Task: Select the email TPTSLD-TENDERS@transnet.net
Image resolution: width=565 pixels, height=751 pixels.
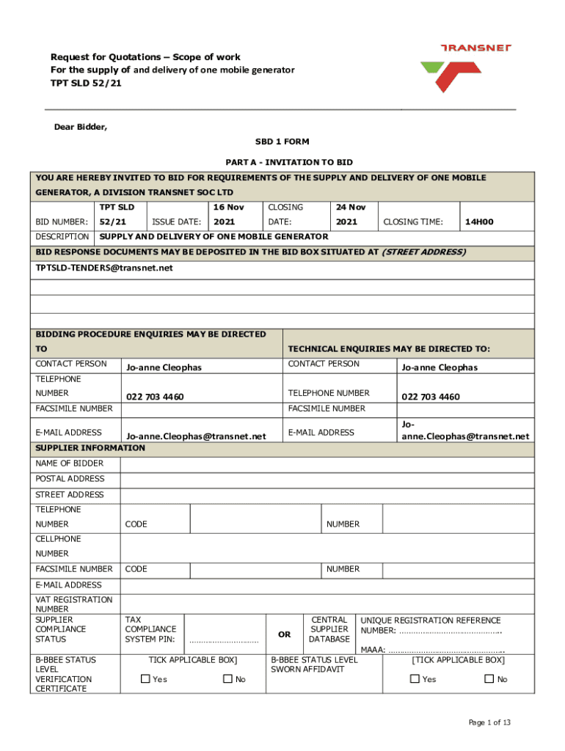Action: click(x=104, y=268)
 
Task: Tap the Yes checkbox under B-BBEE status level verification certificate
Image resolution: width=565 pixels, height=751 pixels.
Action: click(x=145, y=679)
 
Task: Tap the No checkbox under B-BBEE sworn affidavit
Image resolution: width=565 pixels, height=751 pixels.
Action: click(x=489, y=679)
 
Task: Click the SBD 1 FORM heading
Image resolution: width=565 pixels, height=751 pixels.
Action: click(x=282, y=144)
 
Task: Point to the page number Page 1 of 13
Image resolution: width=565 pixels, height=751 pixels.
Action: click(x=489, y=722)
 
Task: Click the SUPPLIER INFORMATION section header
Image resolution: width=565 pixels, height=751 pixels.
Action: click(x=90, y=448)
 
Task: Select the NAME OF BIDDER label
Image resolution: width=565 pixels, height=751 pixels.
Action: click(x=70, y=464)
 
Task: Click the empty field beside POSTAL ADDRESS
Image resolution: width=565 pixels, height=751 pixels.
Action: click(x=327, y=479)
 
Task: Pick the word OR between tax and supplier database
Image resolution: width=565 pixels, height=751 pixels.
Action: click(x=283, y=634)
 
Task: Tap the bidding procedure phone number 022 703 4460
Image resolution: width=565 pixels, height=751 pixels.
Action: click(x=155, y=397)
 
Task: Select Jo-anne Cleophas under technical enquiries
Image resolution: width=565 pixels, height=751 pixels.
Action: click(x=439, y=367)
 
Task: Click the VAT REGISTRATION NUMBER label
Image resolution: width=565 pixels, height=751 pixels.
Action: click(x=74, y=604)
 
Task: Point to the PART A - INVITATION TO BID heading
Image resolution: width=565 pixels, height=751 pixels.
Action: click(x=282, y=162)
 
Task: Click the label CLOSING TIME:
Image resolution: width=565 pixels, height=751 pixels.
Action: click(x=409, y=221)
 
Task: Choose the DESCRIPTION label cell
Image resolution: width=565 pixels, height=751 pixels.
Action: click(x=62, y=237)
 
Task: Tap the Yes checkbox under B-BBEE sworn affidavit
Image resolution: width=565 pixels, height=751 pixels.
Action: click(x=415, y=679)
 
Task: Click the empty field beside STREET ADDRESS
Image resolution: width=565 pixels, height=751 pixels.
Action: click(x=327, y=495)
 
